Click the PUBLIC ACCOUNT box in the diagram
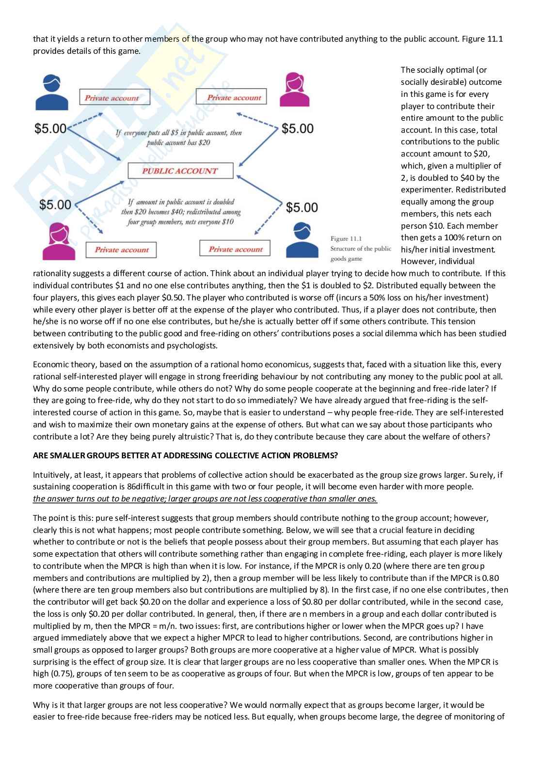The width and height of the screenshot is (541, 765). click(x=180, y=171)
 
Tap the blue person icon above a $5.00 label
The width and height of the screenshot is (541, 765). click(x=52, y=92)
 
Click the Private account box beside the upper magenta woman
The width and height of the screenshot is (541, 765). click(x=231, y=97)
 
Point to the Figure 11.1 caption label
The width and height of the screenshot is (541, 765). click(x=346, y=238)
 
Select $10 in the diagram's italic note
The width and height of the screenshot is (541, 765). click(x=226, y=222)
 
